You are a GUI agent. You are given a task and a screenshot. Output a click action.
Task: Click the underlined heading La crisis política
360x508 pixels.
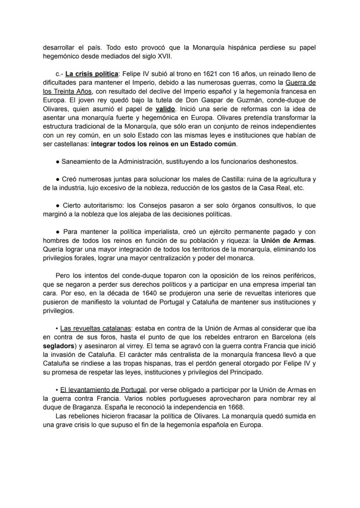tap(92, 74)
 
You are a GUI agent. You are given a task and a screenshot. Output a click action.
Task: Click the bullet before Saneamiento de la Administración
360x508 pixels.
tap(58, 161)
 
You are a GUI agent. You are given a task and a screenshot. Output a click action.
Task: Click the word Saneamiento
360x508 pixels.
tap(81, 161)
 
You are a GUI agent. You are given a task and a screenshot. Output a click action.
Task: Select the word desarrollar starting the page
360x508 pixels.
tap(60, 47)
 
